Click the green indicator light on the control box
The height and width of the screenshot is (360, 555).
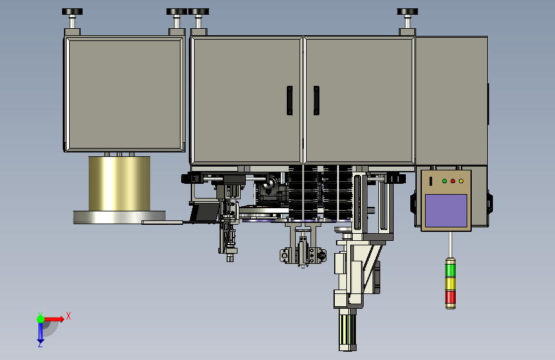click(x=444, y=181)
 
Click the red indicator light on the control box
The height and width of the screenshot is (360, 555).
click(x=453, y=181)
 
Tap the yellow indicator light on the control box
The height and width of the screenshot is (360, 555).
click(x=461, y=181)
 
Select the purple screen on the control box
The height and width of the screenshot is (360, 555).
click(x=446, y=211)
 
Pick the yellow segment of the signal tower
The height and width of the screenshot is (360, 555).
click(x=450, y=284)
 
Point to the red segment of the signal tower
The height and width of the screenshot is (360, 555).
click(x=450, y=298)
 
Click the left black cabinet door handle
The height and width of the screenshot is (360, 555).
click(x=289, y=101)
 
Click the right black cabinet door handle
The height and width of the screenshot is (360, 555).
click(x=316, y=101)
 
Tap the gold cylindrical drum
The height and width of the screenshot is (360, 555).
click(x=119, y=184)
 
